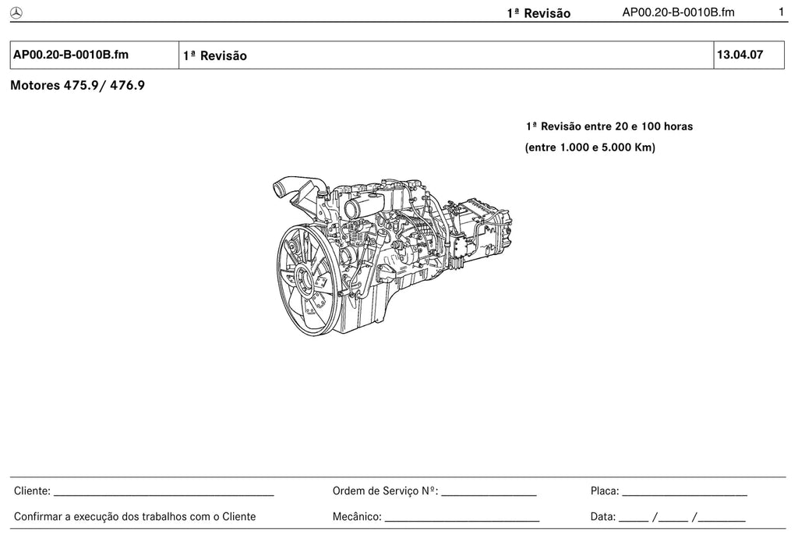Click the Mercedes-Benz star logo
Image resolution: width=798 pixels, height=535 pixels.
click(16, 13)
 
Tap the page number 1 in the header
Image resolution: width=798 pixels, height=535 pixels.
click(781, 12)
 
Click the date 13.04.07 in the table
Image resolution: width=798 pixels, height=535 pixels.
click(740, 55)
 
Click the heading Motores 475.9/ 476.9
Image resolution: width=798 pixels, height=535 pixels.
click(77, 85)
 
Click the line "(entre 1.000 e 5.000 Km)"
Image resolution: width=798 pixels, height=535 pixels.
click(590, 147)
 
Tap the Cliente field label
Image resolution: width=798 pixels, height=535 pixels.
click(32, 491)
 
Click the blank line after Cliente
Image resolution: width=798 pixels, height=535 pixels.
click(164, 495)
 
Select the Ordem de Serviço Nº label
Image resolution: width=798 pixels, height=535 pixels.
click(385, 491)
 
